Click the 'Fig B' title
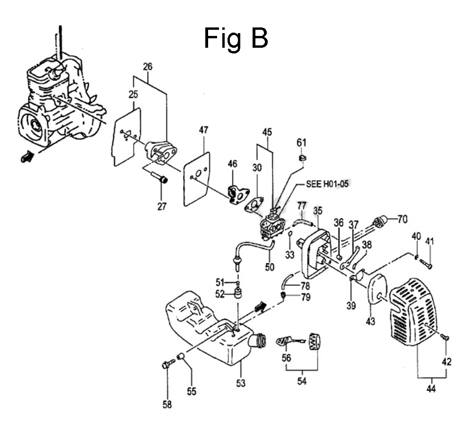coord(236,38)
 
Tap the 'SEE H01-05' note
coord(327,183)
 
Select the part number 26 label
coord(148,66)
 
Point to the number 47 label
coord(203,130)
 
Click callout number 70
coord(403,219)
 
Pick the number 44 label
coord(431,389)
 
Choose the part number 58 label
coord(167,404)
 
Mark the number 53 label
coord(241,383)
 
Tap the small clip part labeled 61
coord(302,157)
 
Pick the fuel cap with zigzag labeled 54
coord(315,341)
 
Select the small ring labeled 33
coord(290,234)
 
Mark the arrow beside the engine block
coord(27,157)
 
